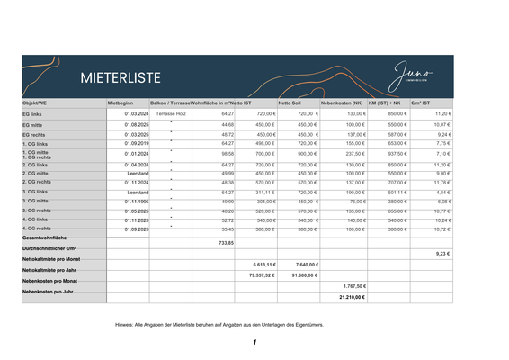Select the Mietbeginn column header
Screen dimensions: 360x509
tap(121, 103)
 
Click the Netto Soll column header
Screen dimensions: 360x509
tap(290, 103)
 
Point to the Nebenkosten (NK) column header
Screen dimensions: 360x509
tap(341, 103)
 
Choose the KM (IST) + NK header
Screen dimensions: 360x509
tap(384, 103)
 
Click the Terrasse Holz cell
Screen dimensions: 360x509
tap(170, 114)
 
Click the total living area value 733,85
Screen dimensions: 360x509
tap(226, 243)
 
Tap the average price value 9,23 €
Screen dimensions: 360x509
tap(442, 254)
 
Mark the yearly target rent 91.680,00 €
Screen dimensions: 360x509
tap(300, 275)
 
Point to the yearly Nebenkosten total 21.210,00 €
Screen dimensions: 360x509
tap(352, 296)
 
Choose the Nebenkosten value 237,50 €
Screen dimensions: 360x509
tap(353, 154)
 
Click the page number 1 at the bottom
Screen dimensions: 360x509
tap(254, 343)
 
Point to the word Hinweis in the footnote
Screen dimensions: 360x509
tap(125, 322)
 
